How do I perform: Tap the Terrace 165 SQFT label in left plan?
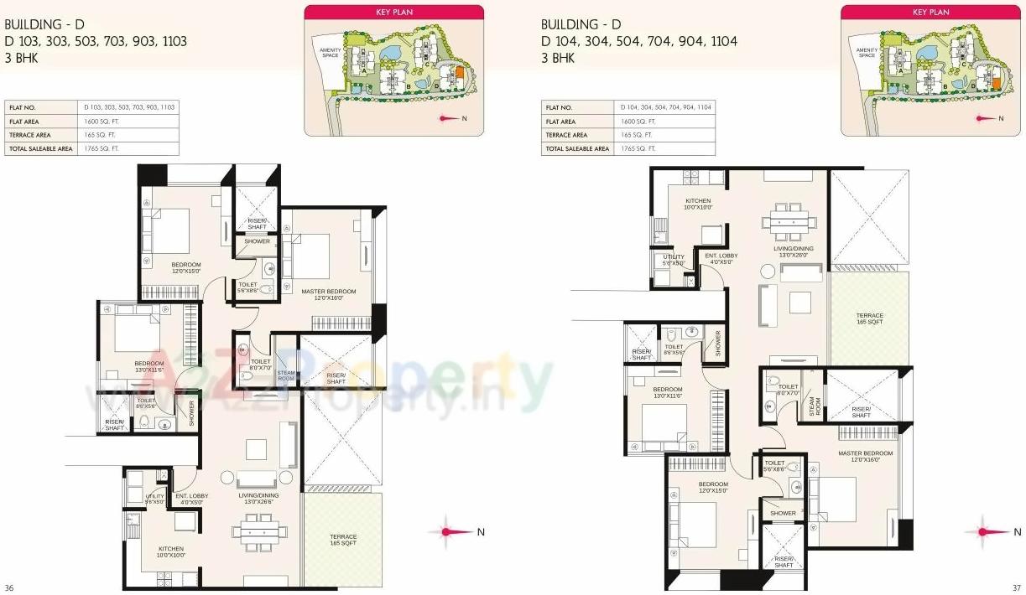pos(342,540)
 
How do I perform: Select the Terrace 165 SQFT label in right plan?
pos(869,318)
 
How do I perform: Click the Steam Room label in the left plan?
pos(286,376)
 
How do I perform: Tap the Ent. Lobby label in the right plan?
pos(721,258)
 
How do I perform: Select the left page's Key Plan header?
pos(393,13)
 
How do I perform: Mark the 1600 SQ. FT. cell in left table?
pos(99,121)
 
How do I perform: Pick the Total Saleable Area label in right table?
pos(577,148)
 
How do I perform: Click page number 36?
pos(9,587)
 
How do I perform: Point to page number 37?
pos(1016,587)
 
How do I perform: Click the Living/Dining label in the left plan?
pos(258,499)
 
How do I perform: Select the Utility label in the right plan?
pos(673,260)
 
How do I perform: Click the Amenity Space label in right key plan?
pos(867,53)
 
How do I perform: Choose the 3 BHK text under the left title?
pos(21,58)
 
